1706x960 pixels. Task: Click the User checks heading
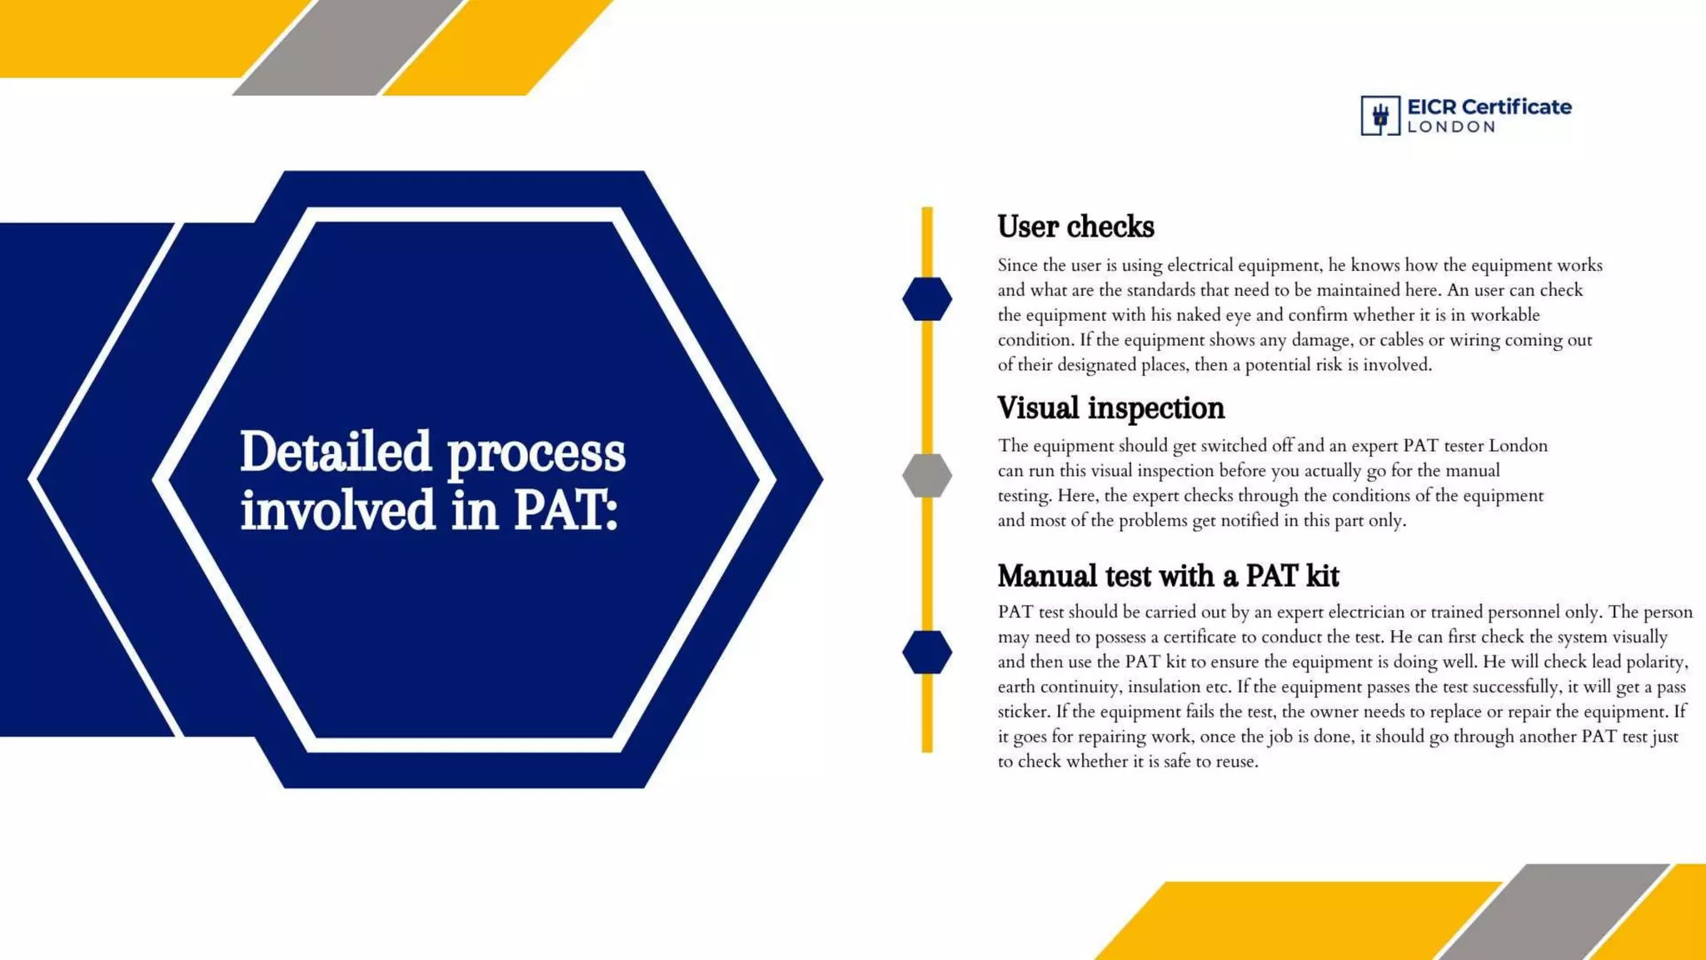pyautogui.click(x=1075, y=227)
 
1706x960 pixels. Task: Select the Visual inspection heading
pyautogui.click(x=1110, y=408)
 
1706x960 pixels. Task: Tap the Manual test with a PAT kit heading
pyautogui.click(x=1168, y=576)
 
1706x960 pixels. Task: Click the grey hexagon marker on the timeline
pyautogui.click(x=927, y=476)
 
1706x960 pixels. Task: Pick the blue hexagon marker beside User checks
pyautogui.click(x=927, y=299)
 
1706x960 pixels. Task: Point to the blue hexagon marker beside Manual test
pyautogui.click(x=927, y=652)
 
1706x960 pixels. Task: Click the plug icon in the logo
pyautogui.click(x=1380, y=116)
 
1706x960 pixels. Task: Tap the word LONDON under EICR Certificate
pyautogui.click(x=1451, y=127)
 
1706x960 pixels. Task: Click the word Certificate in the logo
pyautogui.click(x=1516, y=107)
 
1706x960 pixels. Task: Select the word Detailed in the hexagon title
pyautogui.click(x=336, y=452)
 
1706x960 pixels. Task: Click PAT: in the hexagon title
pyautogui.click(x=566, y=510)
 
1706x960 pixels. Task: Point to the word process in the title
pyautogui.click(x=536, y=454)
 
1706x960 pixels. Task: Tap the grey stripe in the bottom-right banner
pyautogui.click(x=1554, y=912)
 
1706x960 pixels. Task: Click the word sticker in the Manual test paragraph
pyautogui.click(x=1024, y=712)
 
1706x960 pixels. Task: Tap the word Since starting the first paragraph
pyautogui.click(x=1018, y=265)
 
